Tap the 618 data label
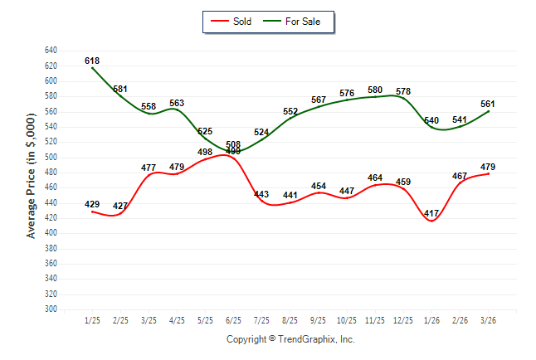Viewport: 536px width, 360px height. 92,61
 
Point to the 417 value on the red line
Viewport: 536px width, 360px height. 432,213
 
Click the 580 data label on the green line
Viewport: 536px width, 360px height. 376,90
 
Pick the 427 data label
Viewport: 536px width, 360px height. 121,206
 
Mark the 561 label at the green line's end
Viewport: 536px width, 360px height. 489,104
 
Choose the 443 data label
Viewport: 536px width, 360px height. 262,194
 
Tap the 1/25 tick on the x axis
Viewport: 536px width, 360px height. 92,319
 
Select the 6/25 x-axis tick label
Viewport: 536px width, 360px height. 234,319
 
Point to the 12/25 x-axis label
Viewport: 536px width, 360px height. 404,319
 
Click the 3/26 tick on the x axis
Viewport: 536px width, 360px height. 489,319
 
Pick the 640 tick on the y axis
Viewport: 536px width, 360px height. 51,51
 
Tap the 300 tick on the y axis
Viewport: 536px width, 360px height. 51,309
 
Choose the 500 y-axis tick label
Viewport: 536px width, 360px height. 51,157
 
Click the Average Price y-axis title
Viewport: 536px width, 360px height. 31,180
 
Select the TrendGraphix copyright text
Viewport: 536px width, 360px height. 290,339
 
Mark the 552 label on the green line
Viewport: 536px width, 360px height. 290,111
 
